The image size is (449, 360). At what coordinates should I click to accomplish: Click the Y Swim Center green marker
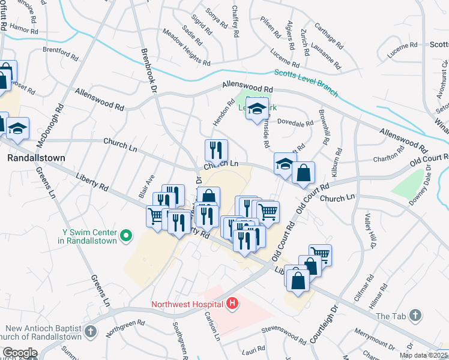(126, 236)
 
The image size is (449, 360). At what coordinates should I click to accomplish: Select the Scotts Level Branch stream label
(306, 83)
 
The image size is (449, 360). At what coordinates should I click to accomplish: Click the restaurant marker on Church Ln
(215, 150)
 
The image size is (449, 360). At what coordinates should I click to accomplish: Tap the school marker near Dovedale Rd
(256, 109)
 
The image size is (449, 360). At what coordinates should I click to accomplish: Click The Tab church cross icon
(417, 316)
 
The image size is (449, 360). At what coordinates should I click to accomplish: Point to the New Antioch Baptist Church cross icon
(90, 331)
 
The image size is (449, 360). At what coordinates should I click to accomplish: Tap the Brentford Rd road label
(61, 53)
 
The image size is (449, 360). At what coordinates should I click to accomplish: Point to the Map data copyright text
(424, 355)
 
